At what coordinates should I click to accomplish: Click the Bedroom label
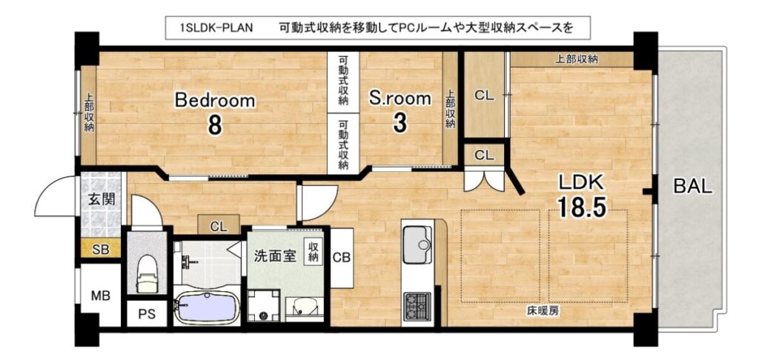(214, 101)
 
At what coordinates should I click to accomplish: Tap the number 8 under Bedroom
(215, 125)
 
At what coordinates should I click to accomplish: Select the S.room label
(400, 99)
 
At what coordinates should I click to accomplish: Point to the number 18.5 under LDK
(581, 207)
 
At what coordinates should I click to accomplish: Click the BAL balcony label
(693, 186)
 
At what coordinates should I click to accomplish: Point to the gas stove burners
(417, 306)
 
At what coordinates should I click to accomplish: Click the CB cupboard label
(341, 257)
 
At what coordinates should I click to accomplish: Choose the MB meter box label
(100, 295)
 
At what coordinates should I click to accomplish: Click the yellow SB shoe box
(100, 250)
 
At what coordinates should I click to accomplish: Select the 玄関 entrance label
(102, 199)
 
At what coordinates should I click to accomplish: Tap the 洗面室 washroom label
(275, 256)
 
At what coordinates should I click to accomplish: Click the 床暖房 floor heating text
(543, 311)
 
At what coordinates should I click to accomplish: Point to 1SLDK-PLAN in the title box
(216, 27)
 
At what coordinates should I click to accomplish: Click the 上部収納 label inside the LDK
(575, 59)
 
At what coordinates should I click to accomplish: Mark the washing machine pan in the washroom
(263, 306)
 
